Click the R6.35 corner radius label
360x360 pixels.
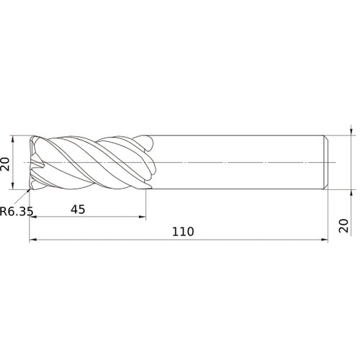[x=17, y=212]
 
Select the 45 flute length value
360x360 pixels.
[x=78, y=210]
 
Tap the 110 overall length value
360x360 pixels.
[x=183, y=232]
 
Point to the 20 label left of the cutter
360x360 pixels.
[x=5, y=164]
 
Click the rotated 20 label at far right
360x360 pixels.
[x=343, y=225]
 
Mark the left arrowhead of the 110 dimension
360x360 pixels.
[x=32, y=239]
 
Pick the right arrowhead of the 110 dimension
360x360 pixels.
[x=325, y=239]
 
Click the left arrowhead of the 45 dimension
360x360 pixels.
[x=32, y=217]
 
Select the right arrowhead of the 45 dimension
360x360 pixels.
[x=143, y=217]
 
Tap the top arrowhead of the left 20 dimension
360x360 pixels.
[x=13, y=139]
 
